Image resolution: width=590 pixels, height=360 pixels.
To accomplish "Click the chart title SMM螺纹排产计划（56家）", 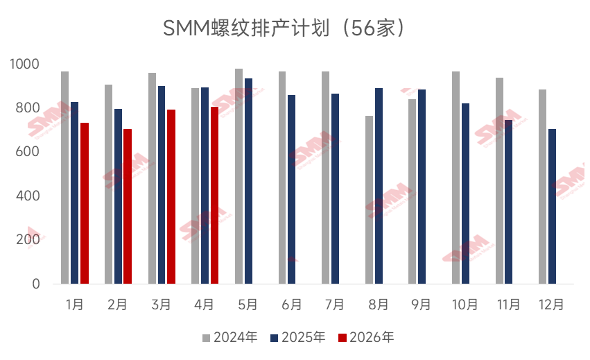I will [x=284, y=28].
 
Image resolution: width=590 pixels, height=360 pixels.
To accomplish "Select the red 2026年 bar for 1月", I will [x=85, y=203].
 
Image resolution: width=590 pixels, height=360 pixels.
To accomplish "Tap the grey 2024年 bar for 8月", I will [x=370, y=200].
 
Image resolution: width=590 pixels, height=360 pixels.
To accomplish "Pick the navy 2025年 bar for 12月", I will [x=552, y=206].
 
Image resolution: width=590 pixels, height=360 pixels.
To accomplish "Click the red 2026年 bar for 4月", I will [x=214, y=195].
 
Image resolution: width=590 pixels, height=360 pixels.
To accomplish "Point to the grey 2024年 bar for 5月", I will [x=238, y=176].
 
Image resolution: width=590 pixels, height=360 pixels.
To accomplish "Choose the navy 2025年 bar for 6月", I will [x=291, y=189].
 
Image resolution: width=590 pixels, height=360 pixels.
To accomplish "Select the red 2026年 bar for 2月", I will [x=128, y=206].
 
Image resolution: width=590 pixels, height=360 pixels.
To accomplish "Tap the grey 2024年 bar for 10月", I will [x=455, y=178].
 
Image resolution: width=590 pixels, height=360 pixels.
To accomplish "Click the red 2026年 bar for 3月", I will [x=171, y=196].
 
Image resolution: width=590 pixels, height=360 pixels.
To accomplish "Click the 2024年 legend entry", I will [x=229, y=338].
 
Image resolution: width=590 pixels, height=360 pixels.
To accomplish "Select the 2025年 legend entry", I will [x=297, y=338].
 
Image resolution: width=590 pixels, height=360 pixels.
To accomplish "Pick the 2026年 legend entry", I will [x=365, y=338].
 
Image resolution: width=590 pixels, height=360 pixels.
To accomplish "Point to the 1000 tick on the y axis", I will [x=26, y=65].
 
